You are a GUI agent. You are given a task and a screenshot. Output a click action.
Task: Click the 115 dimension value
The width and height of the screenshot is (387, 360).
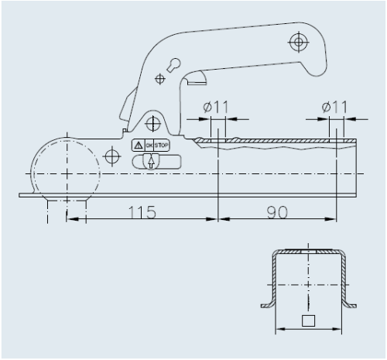[x=142, y=212]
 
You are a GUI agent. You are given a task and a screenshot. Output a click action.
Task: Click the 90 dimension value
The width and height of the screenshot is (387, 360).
[x=277, y=212]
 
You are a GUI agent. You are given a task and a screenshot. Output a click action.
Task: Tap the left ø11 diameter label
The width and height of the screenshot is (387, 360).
[x=216, y=107]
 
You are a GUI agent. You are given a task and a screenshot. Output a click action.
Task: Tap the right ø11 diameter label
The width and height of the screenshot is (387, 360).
[x=334, y=107]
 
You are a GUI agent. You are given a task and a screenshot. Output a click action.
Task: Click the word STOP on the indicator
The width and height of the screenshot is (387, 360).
[x=162, y=146]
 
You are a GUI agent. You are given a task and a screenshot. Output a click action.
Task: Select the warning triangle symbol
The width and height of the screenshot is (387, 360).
[x=139, y=146]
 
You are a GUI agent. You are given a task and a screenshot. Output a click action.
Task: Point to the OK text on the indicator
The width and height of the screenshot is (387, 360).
[x=149, y=146]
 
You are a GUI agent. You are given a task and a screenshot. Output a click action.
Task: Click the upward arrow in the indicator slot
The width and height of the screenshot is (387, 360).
[x=151, y=163]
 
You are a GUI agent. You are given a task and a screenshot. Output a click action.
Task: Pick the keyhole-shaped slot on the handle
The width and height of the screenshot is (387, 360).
[x=173, y=65]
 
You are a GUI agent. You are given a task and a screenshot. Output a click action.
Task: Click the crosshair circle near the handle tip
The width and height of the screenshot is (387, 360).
[x=299, y=42]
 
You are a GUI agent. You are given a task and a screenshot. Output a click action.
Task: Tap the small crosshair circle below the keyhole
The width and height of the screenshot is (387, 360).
[x=160, y=79]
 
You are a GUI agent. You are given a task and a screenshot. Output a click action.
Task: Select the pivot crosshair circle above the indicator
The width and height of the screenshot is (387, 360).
[x=153, y=123]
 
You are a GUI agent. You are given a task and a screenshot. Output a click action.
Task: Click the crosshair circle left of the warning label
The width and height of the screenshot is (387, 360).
[x=112, y=156]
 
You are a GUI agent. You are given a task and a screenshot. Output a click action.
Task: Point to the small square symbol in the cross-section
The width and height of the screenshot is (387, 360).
[x=308, y=321]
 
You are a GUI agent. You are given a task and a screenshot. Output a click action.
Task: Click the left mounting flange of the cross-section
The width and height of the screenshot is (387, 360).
[x=267, y=305]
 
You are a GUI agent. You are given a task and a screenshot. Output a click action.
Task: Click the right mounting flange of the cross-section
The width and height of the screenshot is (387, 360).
[x=350, y=305]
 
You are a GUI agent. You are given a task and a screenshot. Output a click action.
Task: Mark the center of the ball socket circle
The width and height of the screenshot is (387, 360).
[x=67, y=173]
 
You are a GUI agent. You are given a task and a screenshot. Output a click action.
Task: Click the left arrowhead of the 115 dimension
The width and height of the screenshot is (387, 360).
[x=72, y=219]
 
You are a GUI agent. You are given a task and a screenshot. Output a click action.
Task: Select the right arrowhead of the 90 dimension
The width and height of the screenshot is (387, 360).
[x=330, y=219]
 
